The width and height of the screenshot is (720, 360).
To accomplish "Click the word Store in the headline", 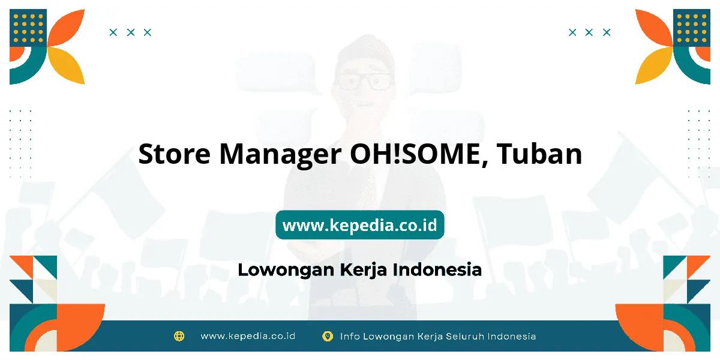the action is (175, 154).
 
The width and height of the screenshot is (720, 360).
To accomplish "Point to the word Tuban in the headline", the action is (539, 154).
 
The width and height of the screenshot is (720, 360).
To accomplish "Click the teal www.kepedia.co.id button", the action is (359, 224).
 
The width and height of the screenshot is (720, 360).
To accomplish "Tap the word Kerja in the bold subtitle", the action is (363, 270).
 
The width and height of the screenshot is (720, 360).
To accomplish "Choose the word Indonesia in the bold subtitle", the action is (437, 269).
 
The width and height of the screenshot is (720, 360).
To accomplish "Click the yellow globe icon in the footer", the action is (179, 336).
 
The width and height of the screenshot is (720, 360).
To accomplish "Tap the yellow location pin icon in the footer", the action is (328, 336).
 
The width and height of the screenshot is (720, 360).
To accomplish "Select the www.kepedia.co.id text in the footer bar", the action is (248, 336).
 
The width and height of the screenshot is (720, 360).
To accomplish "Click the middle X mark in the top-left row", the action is (131, 32).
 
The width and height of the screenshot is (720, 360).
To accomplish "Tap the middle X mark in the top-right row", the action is (589, 32).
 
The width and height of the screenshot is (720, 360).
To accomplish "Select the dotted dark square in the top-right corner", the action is (692, 28).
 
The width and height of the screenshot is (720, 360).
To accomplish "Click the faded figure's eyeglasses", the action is (365, 81).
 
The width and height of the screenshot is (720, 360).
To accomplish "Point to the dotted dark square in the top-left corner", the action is (28, 28).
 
